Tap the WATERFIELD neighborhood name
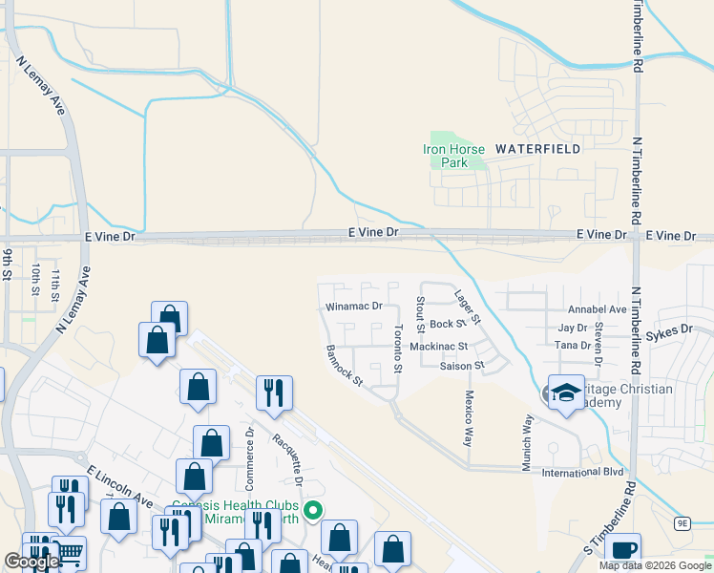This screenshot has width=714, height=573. pos(537,149)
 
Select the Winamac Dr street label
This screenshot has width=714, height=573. pos(353,308)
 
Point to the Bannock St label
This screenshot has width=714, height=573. pos(345,366)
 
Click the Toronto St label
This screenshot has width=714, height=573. pos(397,349)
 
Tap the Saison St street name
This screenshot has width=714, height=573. pos(463,366)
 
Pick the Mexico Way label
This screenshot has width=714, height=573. pos(469,418)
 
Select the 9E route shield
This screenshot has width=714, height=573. pos(682,522)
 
